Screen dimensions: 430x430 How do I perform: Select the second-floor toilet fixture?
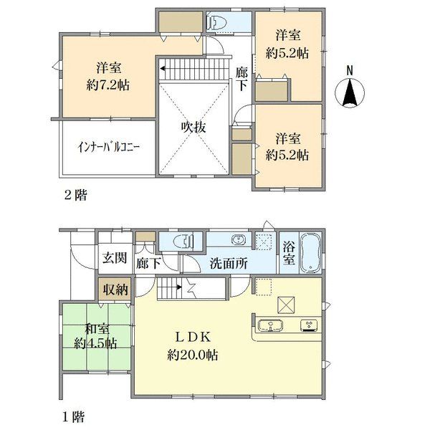216,22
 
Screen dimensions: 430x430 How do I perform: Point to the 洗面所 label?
229,264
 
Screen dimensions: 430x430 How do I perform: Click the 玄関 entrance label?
115,258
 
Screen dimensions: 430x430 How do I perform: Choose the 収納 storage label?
115,289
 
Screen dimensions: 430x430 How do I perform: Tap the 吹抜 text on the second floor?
193,128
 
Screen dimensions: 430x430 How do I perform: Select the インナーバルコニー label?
109,148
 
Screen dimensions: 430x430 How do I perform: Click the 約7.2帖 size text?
108,85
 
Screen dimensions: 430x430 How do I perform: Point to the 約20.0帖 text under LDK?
193,355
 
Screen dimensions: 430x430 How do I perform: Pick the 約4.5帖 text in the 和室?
95,343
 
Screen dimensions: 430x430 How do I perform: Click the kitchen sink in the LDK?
271,326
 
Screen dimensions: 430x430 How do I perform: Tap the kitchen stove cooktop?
309,325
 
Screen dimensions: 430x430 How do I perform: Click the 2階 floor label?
76,195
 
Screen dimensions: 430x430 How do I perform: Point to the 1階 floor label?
74,417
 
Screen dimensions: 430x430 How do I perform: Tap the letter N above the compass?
350,71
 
